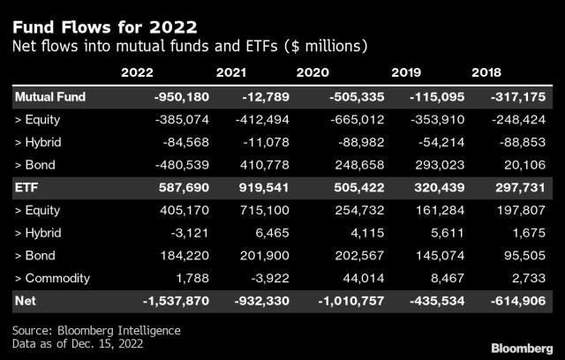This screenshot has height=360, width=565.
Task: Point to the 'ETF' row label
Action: click(x=26, y=187)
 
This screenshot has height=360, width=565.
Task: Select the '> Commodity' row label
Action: click(x=53, y=278)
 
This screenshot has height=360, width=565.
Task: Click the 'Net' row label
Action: click(x=26, y=301)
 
